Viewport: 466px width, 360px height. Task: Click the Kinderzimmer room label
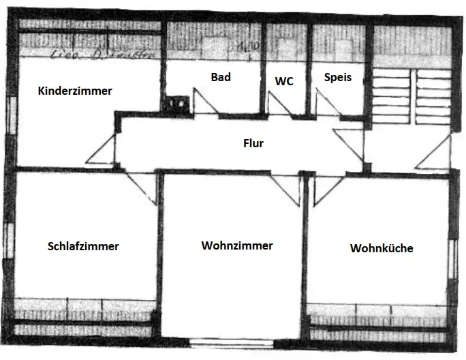coord(75,91)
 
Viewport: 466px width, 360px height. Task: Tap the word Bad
coord(221,77)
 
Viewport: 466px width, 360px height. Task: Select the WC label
coord(284,81)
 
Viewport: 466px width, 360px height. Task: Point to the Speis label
coord(338,77)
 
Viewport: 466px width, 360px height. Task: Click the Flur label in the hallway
coord(253,144)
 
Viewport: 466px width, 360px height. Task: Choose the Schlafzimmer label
coord(83,246)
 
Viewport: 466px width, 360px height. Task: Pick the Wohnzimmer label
coord(237,245)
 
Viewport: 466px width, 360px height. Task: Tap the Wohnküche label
coord(382,248)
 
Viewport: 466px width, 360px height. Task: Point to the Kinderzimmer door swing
coord(104,149)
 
